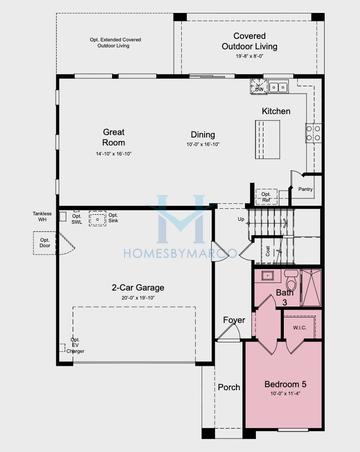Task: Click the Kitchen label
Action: (x=276, y=111)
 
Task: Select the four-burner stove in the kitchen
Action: (x=313, y=130)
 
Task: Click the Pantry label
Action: (x=305, y=188)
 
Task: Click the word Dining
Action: (x=204, y=134)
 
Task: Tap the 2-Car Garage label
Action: (x=138, y=288)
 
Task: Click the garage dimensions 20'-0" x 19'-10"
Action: (x=138, y=298)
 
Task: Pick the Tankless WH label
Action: (x=41, y=216)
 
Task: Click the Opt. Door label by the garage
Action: (x=45, y=242)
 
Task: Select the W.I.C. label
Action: (x=299, y=327)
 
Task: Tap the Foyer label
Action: (x=234, y=320)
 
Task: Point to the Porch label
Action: (x=229, y=387)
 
